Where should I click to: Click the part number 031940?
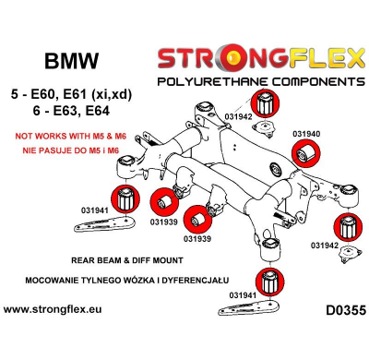(307, 134)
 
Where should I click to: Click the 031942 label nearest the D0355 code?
(324, 246)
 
